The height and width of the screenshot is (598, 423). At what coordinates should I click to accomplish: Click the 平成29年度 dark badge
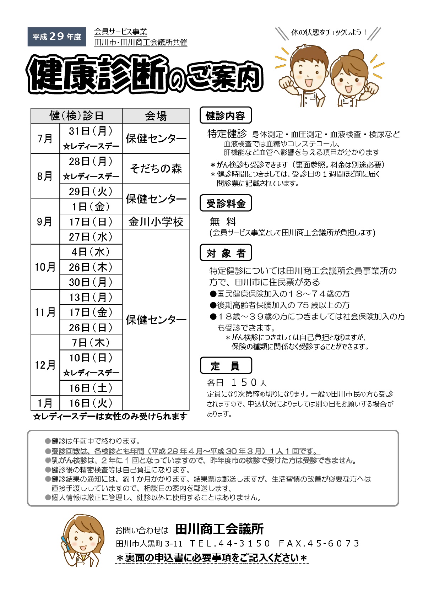[x=57, y=37]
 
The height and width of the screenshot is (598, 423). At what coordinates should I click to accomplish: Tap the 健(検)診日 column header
[x=76, y=116]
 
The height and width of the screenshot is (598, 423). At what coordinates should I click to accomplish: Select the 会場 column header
[x=156, y=116]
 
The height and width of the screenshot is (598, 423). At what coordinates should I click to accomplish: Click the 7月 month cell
[x=45, y=138]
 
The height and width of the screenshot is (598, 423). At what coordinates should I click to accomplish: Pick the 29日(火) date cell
[x=91, y=192]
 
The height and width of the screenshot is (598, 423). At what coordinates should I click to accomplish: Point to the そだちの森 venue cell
[x=156, y=169]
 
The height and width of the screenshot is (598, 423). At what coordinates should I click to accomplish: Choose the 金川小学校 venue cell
[x=156, y=222]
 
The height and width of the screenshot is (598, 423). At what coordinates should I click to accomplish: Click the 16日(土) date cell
[x=91, y=388]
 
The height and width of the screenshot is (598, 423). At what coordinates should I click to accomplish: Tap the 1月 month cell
[x=45, y=403]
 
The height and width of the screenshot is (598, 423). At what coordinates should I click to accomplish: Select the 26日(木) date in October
[x=91, y=267]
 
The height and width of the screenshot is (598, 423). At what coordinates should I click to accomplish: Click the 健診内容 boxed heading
[x=226, y=115]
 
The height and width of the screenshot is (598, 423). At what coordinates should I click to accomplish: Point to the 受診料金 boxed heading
[x=226, y=203]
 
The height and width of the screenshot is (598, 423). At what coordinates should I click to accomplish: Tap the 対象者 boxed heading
[x=226, y=253]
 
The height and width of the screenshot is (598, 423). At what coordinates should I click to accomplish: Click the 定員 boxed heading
[x=226, y=366]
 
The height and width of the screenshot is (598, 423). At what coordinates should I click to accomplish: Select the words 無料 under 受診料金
[x=223, y=222]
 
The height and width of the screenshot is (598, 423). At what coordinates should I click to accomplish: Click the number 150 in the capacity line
[x=244, y=382]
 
